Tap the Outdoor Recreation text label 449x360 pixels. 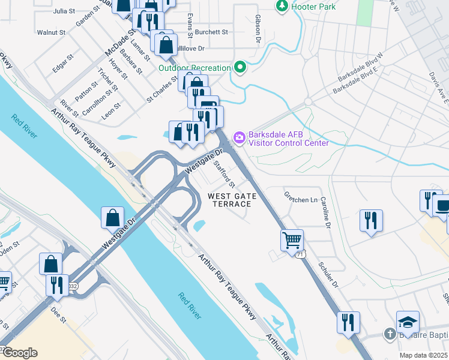(x=194, y=67)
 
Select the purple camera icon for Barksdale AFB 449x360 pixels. (x=240, y=138)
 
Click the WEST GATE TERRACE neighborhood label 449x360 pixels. (x=232, y=200)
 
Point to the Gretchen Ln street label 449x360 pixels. (x=300, y=200)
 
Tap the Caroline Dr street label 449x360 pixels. (x=326, y=213)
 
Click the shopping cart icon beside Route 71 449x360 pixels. (x=292, y=239)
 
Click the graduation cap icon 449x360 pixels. (x=408, y=322)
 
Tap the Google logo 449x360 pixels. (x=20, y=353)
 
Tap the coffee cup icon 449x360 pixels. (x=444, y=205)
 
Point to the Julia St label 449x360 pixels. (x=64, y=11)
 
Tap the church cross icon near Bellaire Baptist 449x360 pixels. (x=389, y=334)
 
